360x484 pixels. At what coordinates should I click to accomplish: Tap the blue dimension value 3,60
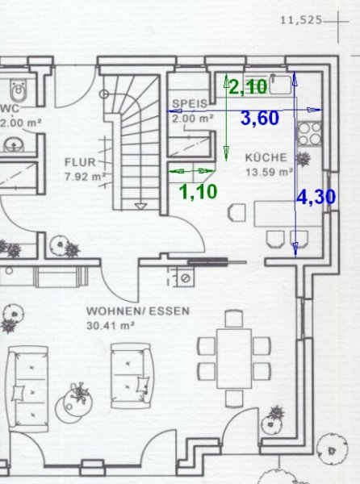tap(260, 119)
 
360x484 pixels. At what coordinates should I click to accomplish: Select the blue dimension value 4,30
tap(316, 197)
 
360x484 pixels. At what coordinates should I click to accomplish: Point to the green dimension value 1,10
tap(199, 191)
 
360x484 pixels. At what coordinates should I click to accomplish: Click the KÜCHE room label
tap(266, 158)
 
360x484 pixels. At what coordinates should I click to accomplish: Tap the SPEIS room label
tap(190, 103)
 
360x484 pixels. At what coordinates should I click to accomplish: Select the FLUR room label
tap(80, 162)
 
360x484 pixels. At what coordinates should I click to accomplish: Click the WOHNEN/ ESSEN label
tap(138, 311)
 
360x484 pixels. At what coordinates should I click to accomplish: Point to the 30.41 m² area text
tap(111, 325)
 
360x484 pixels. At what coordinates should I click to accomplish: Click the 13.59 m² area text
tap(270, 172)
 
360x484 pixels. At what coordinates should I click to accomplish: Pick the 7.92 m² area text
tap(86, 177)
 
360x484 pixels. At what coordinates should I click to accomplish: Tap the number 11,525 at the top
tap(301, 20)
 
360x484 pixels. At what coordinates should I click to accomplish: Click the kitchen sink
tap(280, 84)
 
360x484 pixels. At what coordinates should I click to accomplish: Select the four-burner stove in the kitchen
tap(309, 133)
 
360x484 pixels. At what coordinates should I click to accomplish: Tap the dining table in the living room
tap(234, 358)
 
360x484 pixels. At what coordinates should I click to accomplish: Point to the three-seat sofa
tap(28, 389)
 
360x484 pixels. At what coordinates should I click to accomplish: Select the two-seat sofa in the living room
tap(132, 375)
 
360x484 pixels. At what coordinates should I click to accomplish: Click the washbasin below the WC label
tap(13, 144)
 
